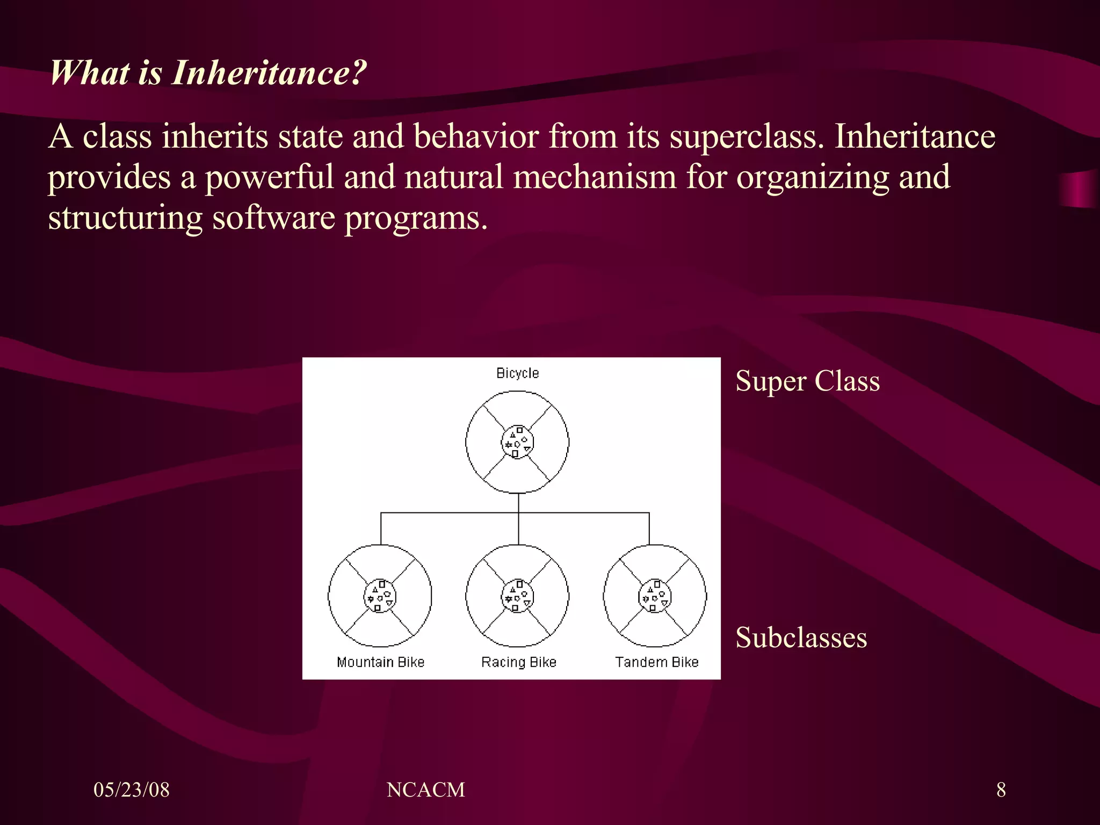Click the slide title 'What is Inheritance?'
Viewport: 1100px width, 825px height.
point(208,73)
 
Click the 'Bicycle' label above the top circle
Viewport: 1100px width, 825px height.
point(517,373)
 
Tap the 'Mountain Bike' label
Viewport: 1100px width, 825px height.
point(380,662)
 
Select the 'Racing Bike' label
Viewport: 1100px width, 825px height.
point(518,662)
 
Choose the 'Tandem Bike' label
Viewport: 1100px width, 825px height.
point(656,662)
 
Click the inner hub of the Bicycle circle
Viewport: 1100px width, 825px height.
point(517,443)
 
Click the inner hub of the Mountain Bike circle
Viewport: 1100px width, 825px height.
point(380,596)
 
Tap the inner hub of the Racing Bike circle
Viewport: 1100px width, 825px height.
point(517,596)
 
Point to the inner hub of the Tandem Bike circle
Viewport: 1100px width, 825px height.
point(655,596)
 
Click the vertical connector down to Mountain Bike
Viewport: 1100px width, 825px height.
point(381,529)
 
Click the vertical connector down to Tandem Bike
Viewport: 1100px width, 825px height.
point(649,529)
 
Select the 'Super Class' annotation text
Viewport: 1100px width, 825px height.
point(807,382)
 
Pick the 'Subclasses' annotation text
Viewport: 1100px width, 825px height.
point(801,638)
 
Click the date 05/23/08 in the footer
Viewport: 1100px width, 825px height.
point(132,790)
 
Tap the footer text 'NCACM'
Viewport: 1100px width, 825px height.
point(425,790)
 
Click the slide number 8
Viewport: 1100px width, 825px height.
point(1001,790)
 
